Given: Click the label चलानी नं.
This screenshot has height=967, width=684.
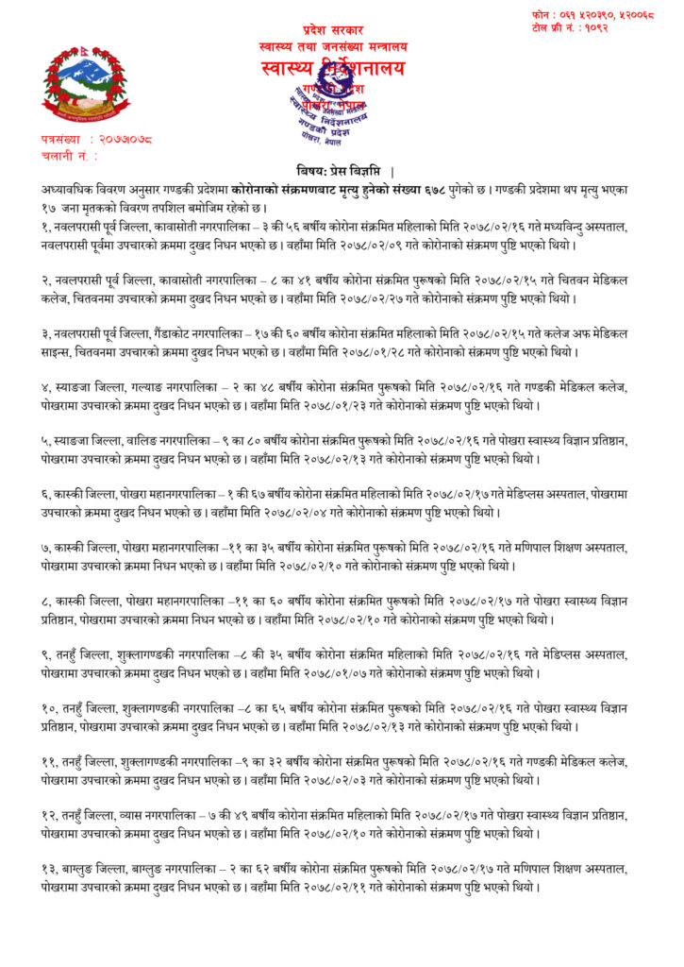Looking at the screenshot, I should coord(68,155).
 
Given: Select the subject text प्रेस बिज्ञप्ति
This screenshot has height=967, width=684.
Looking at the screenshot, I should coord(346,172).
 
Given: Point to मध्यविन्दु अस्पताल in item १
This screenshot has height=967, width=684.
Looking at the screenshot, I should coord(596,228).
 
